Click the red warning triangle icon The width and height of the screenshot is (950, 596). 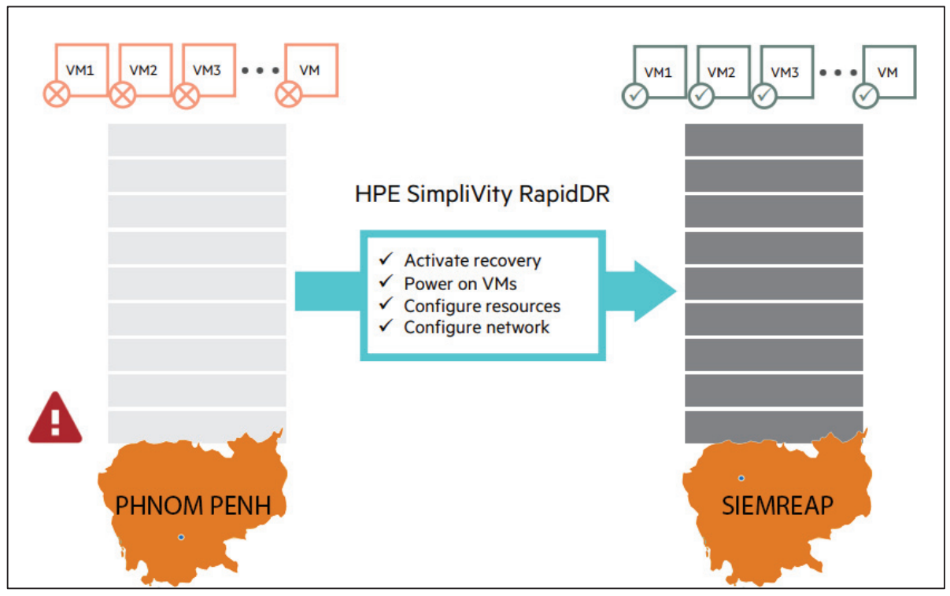(55, 419)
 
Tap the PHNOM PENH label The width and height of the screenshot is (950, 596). (193, 505)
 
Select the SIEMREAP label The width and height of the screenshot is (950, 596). (777, 505)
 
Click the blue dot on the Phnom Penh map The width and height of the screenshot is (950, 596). (181, 537)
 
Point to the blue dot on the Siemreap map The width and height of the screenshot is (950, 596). (741, 478)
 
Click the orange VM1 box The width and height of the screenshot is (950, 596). (82, 69)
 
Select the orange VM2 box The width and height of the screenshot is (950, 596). (145, 69)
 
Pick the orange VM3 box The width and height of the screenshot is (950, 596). (209, 69)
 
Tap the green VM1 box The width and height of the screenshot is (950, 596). (660, 72)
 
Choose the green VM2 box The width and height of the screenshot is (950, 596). (723, 72)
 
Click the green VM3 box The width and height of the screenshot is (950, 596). (786, 72)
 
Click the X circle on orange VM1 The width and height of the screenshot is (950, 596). (57, 97)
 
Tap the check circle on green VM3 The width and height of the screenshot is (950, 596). (763, 97)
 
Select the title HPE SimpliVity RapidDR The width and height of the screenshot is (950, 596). (482, 193)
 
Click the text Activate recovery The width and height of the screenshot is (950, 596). (472, 260)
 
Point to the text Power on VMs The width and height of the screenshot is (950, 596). (460, 283)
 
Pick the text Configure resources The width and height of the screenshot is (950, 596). (482, 305)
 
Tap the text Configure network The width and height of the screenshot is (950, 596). (476, 327)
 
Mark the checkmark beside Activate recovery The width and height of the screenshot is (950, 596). (386, 259)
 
